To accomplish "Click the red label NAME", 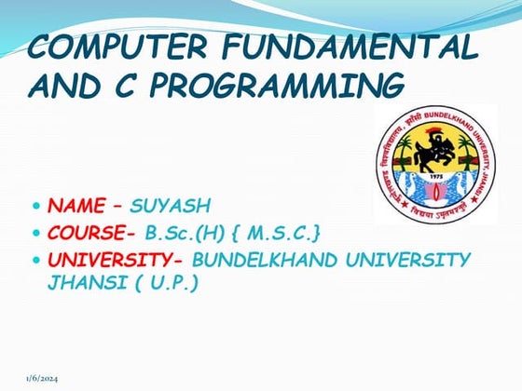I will click(x=76, y=205).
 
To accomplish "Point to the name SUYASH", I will click(x=170, y=205).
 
